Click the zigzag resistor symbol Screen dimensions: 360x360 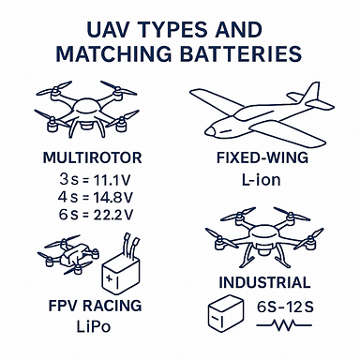click(293, 327)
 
